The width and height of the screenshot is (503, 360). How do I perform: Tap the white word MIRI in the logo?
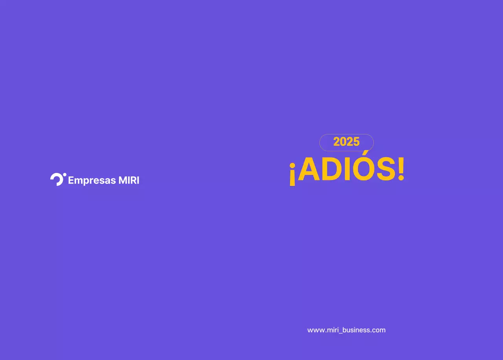tap(129, 180)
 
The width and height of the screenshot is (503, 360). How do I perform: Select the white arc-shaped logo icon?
tap(57, 179)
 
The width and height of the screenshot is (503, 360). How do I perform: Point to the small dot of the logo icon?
tap(65, 174)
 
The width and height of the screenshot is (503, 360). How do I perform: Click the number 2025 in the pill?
tap(346, 142)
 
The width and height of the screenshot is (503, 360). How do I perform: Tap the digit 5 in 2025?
tap(356, 142)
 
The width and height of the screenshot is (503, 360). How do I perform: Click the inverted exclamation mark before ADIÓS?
tap(292, 174)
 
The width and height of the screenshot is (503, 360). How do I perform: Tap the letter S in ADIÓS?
tap(386, 170)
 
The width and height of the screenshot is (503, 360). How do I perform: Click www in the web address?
tap(316, 330)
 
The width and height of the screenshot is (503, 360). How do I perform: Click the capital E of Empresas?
tap(71, 180)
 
